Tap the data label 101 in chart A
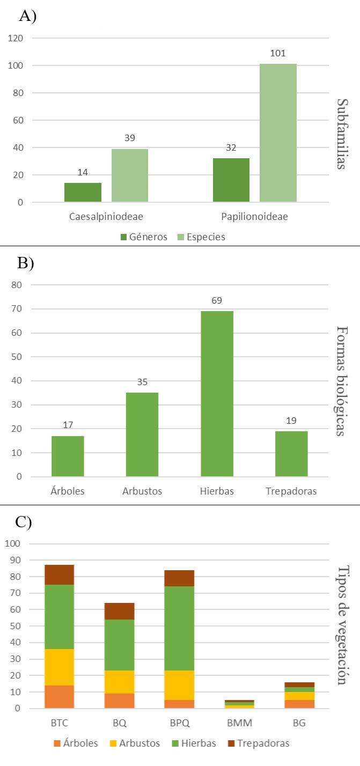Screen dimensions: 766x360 point(278,54)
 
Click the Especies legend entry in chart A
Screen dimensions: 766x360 point(202,237)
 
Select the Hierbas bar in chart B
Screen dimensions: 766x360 point(217,394)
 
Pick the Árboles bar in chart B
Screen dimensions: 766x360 point(68,456)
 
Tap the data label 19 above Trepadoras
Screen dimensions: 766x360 point(291,420)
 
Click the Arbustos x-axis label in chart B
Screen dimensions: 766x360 point(142,491)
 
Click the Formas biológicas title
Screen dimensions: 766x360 point(340,381)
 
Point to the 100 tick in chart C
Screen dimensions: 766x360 point(13,543)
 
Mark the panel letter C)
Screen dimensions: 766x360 point(24,523)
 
